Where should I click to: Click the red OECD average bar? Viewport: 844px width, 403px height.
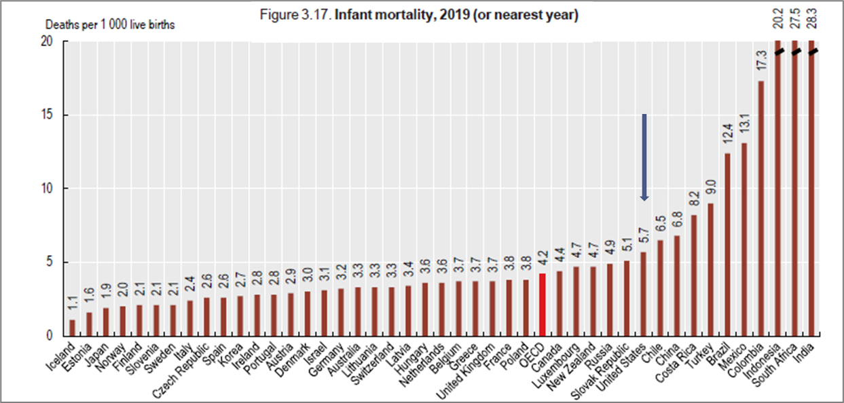pos(542,304)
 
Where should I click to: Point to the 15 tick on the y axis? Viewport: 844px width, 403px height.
pos(50,115)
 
